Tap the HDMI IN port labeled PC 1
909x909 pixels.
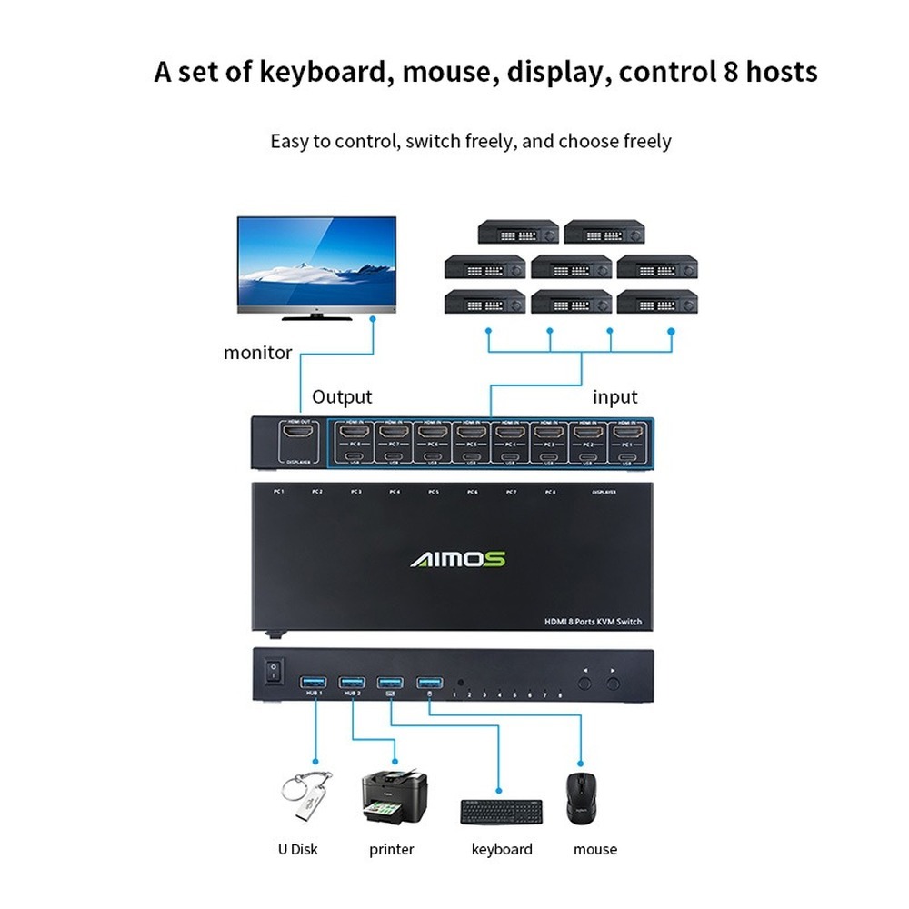tap(628, 432)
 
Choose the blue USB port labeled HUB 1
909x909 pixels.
tap(314, 682)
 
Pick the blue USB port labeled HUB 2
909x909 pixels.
tap(352, 682)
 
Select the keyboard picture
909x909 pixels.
tap(501, 811)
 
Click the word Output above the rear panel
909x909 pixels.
tap(342, 397)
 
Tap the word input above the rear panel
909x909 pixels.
tap(615, 397)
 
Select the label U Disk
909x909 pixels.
tap(298, 850)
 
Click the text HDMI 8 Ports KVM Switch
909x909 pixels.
tap(593, 622)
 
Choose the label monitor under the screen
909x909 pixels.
tap(258, 353)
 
